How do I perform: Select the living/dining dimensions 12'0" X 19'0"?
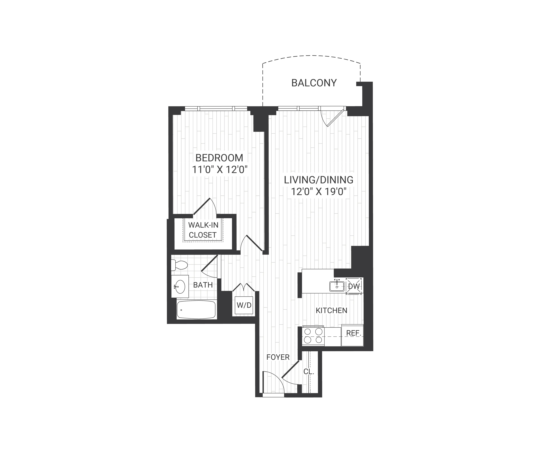pos(319,192)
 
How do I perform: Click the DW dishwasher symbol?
pos(354,286)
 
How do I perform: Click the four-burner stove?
pos(313,336)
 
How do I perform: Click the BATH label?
pos(203,285)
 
